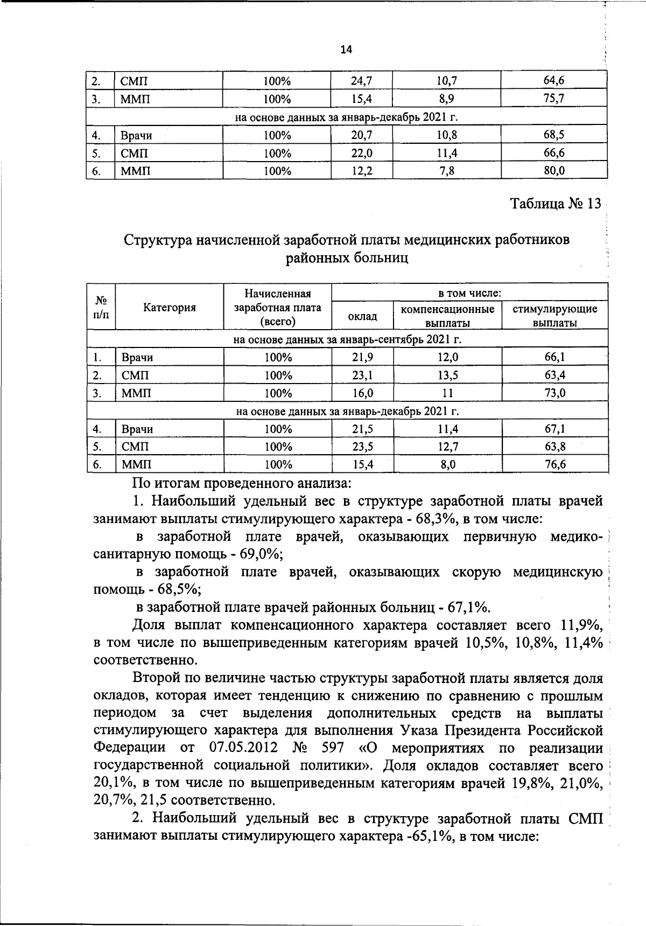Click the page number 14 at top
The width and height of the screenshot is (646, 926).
point(346,50)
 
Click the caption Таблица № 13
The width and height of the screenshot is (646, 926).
point(554,205)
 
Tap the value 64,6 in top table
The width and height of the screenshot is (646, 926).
point(554,81)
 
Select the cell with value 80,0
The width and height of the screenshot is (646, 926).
point(554,171)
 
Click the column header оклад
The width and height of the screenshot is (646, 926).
point(362,316)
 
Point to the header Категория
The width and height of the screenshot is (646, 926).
point(170,308)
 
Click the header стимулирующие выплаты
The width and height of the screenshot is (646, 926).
point(554,316)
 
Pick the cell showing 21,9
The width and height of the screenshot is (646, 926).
point(362,357)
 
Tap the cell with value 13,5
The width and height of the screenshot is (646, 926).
point(447,375)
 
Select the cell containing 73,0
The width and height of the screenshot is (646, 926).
point(554,393)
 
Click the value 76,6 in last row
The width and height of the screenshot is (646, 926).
point(554,464)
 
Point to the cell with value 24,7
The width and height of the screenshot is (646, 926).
point(361,81)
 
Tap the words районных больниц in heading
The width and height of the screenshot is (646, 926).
point(347,258)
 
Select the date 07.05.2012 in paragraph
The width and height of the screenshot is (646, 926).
point(242,748)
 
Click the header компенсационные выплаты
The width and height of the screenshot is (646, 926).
point(447,316)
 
